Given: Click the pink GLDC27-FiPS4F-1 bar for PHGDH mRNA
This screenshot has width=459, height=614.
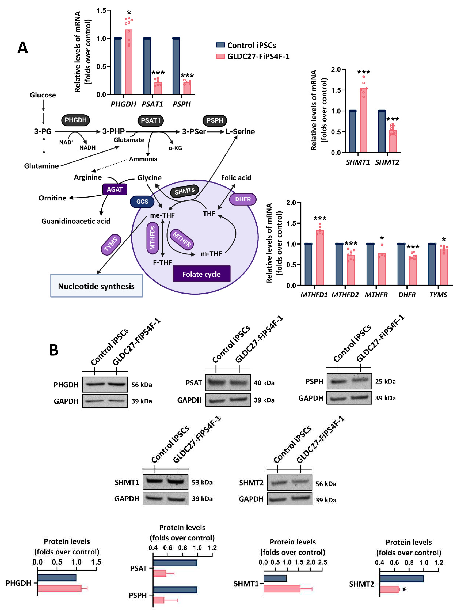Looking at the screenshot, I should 129,62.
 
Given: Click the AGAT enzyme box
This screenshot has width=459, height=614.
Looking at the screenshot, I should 115,190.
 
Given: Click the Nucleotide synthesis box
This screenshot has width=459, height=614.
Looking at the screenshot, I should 96,286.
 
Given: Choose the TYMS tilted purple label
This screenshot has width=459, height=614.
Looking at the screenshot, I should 111,244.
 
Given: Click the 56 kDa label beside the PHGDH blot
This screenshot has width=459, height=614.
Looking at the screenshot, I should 142,385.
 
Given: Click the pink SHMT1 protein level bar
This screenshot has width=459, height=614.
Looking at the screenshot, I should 282,589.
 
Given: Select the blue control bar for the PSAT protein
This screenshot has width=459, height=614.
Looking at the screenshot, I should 175,563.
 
